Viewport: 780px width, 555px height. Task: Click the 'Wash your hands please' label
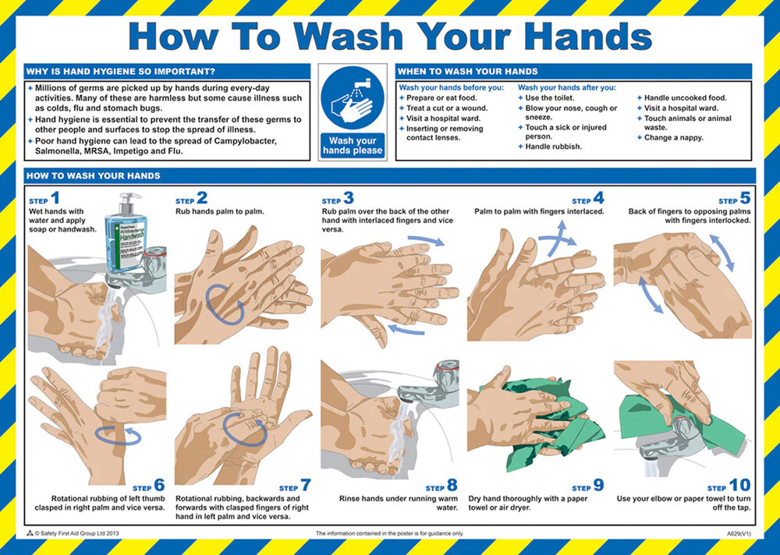coord(353,146)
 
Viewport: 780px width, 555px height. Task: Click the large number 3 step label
coord(348,198)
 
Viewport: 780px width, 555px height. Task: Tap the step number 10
coord(739,485)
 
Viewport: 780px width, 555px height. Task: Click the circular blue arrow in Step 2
coord(225,305)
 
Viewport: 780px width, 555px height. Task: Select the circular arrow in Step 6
coord(118,435)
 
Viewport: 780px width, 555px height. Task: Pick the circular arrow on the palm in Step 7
coord(245,430)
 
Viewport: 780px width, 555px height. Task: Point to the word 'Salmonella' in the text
coord(55,151)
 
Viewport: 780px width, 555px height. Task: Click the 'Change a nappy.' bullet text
coord(674,138)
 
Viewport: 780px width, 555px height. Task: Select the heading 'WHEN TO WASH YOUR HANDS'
coord(467,71)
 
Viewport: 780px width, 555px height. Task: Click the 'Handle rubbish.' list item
coord(553,147)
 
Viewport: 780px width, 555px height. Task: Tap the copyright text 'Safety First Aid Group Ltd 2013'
coord(80,533)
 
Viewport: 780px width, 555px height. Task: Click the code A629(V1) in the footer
coord(739,534)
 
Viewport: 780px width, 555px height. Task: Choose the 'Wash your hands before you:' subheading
coord(451,87)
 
